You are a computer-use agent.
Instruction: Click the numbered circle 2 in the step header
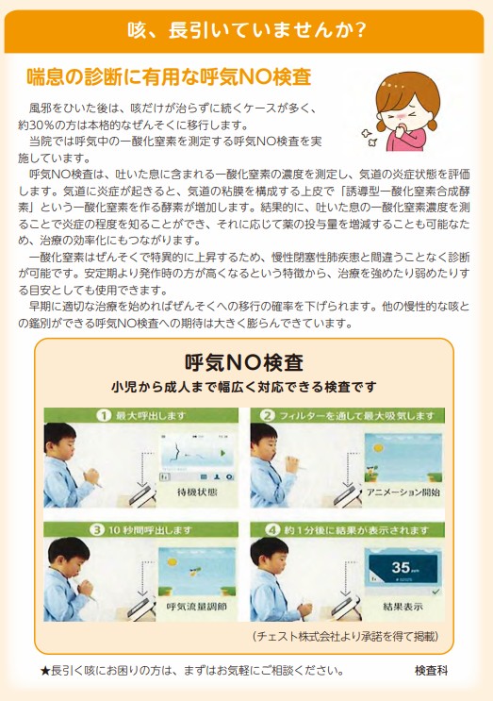pyautogui.click(x=267, y=416)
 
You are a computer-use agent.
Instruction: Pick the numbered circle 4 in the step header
pyautogui.click(x=267, y=528)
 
